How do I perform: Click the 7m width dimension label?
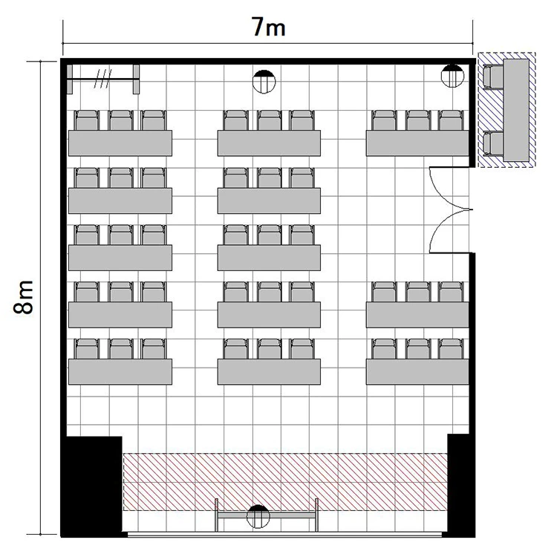coord(269,27)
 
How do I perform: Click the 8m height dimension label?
coord(23,297)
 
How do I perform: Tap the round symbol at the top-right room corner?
coord(452,76)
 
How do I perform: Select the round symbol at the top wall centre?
coord(264,82)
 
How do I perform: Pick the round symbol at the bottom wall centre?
coord(258,516)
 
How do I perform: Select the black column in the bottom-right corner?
coord(460,485)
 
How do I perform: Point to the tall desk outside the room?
coord(516,111)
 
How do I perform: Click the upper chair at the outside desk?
coord(493,76)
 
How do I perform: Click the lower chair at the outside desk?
coord(493,143)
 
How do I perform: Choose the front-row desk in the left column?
coord(120,371)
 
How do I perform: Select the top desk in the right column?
coord(417,143)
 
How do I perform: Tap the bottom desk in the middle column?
coord(269,371)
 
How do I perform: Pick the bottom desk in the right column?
coord(417,371)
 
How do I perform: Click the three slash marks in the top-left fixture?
coord(103,79)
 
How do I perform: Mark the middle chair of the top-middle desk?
coord(270,120)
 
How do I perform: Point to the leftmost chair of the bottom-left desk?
coord(87,349)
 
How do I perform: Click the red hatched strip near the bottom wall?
coord(285,482)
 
